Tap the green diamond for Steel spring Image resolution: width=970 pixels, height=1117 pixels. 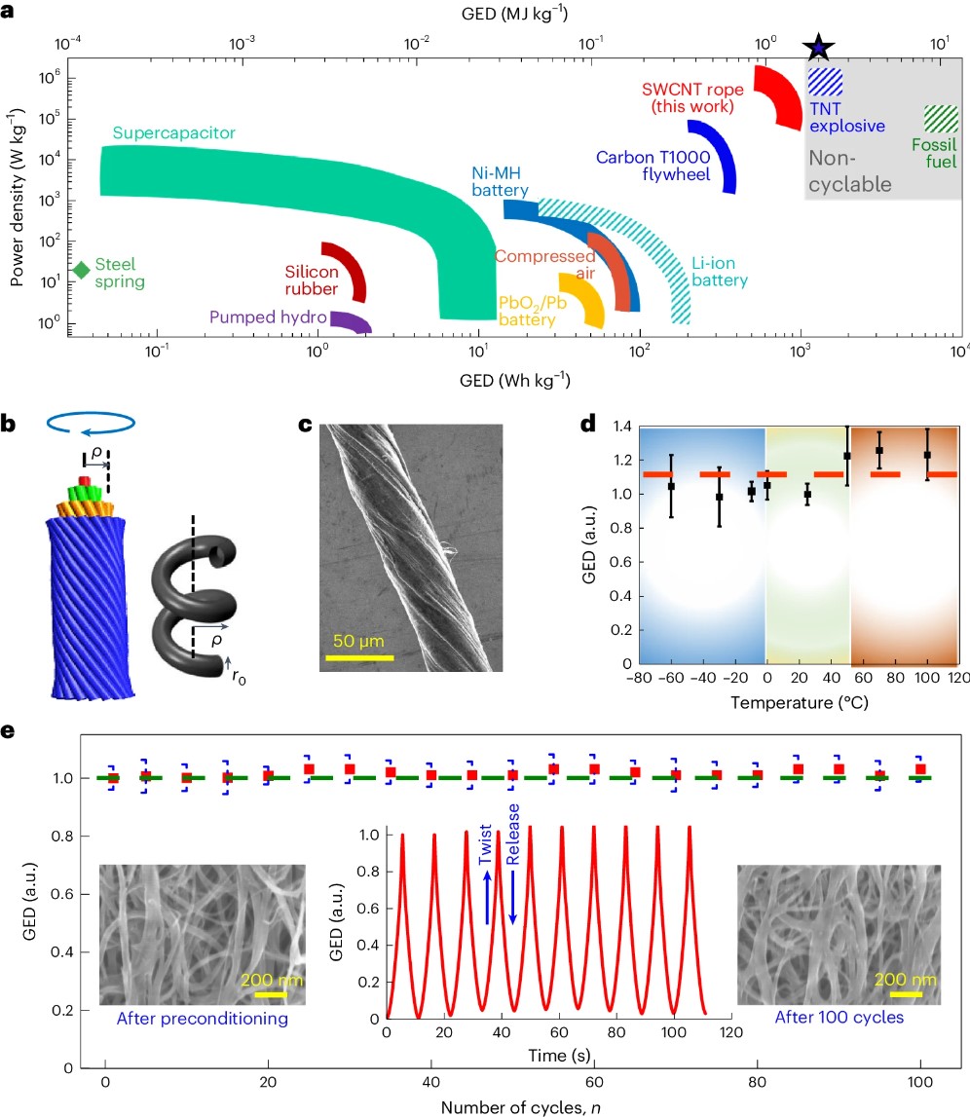[82, 270]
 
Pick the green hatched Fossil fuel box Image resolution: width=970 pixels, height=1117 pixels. [941, 119]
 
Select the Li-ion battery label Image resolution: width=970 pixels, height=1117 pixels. [720, 273]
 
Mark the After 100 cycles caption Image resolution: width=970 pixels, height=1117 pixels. [839, 1019]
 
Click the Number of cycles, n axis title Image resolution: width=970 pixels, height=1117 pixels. [512, 1106]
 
